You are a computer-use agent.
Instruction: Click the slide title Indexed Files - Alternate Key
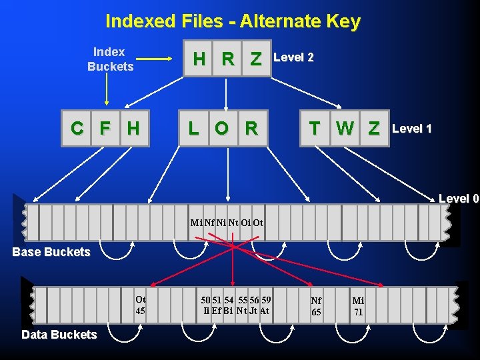[x=233, y=21]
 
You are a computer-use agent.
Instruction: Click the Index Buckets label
[x=110, y=59]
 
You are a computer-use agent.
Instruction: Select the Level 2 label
[x=293, y=57]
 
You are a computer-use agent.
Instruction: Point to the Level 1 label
[x=412, y=128]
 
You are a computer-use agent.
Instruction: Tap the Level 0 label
[x=459, y=198]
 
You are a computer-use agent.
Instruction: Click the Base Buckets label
[x=51, y=252]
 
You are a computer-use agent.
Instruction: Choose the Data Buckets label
[x=59, y=335]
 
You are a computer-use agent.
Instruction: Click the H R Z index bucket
[x=227, y=59]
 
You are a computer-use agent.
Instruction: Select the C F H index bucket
[x=106, y=128]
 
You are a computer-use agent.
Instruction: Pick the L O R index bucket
[x=223, y=128]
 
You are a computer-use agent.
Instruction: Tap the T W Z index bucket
[x=344, y=128]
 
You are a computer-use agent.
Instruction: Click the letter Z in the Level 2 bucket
[x=255, y=59]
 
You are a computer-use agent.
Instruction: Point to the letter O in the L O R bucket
[x=222, y=128]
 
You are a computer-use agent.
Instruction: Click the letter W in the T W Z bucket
[x=345, y=128]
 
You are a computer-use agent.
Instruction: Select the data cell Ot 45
[x=140, y=305]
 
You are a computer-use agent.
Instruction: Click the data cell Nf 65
[x=316, y=307]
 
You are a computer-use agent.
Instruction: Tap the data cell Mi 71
[x=358, y=307]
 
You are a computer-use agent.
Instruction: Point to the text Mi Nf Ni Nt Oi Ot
[x=227, y=223]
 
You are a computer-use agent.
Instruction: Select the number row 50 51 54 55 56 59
[x=236, y=300]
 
